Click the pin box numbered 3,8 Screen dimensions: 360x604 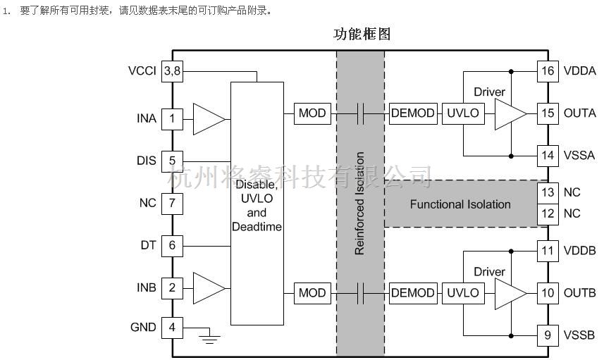tap(172, 71)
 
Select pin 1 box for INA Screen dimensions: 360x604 tap(172, 118)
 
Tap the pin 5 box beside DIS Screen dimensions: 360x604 tap(172, 161)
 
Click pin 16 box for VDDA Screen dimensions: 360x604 tap(548, 71)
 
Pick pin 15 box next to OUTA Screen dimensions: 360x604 tap(548, 113)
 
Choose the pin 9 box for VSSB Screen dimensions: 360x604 tap(548, 335)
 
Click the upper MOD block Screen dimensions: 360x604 tap(312, 113)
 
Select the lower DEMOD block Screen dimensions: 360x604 tap(412, 293)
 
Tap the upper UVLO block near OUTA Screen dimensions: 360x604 tap(462, 113)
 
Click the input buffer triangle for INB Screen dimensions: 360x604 tap(207, 288)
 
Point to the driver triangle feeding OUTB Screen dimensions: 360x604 tap(510, 293)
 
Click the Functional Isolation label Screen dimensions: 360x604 tap(460, 204)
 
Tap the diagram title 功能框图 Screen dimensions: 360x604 tap(362, 34)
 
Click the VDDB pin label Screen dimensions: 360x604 tap(580, 251)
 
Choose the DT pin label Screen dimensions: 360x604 tap(147, 246)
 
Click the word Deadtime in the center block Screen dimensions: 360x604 tap(257, 227)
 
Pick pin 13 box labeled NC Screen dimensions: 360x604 tap(548, 192)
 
